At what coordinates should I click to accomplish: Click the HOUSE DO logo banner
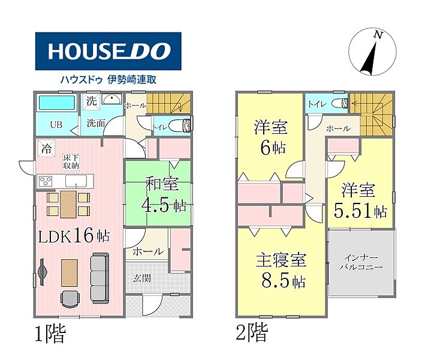coord(108,51)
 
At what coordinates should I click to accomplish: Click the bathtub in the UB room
coord(57,103)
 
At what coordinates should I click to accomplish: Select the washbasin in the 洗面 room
coord(111,99)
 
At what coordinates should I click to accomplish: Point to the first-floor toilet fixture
coord(180,125)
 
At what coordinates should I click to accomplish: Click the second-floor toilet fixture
coord(340,103)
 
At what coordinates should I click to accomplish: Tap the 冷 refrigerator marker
coord(46,148)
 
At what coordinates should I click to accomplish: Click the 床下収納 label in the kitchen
coord(71,161)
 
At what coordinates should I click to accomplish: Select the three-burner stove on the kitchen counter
coord(46,181)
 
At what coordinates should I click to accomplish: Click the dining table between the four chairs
coord(68,204)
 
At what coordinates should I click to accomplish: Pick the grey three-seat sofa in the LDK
coord(100,278)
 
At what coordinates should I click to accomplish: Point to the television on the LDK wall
coord(42,272)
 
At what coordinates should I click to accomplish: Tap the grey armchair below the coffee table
coord(70,299)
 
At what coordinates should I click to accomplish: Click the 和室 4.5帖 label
coord(164,194)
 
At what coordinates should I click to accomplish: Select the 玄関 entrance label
coord(142,278)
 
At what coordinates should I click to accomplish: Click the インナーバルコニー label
coord(361,262)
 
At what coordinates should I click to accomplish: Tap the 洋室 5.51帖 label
coord(360,200)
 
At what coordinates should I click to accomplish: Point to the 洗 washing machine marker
coord(91,101)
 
